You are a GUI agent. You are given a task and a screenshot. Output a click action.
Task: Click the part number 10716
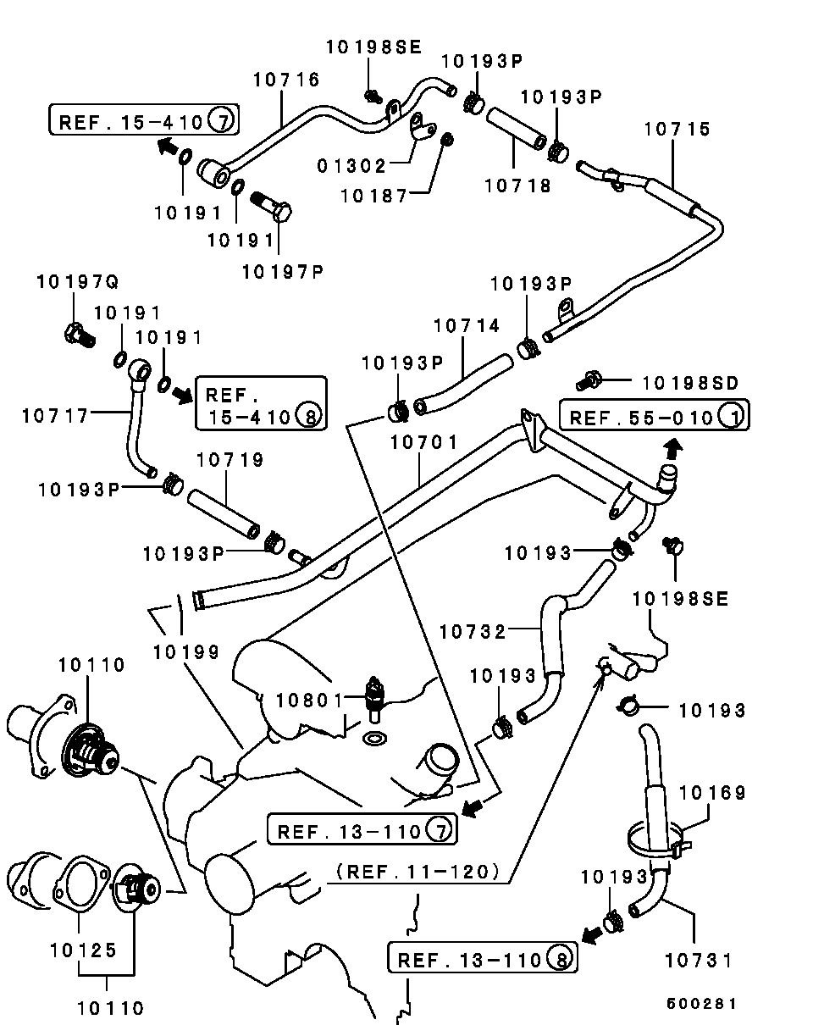286,80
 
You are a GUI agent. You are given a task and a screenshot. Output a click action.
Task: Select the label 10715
677,130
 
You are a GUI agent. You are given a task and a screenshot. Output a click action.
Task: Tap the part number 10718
517,185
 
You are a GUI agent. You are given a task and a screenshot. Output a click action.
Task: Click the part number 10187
373,196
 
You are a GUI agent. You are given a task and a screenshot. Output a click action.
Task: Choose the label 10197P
282,271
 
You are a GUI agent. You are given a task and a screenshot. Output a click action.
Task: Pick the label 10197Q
77,281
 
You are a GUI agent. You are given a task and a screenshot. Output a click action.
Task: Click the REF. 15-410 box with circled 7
143,121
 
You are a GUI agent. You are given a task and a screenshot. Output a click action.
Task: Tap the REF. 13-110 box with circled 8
484,960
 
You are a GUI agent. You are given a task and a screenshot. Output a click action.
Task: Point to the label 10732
472,632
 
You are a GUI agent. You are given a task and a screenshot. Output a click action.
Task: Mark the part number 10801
310,701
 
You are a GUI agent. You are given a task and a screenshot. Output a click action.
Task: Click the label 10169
712,793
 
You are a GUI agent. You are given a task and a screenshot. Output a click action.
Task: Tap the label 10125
83,950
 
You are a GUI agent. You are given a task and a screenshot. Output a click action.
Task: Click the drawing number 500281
700,1003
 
